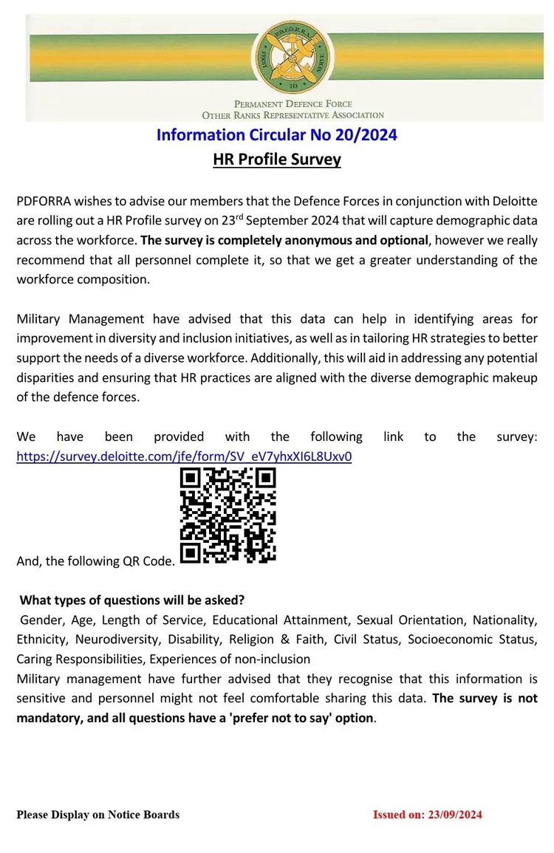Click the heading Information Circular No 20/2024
click(x=277, y=135)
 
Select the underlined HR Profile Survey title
click(x=277, y=159)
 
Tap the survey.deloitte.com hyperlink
click(x=184, y=456)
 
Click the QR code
click(x=228, y=515)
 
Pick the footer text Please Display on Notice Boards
click(x=98, y=815)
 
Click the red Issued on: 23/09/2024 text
click(x=428, y=815)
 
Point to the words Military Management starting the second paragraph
click(x=81, y=319)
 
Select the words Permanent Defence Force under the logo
click(x=293, y=104)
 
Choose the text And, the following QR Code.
click(x=95, y=561)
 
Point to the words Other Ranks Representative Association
click(x=293, y=115)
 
